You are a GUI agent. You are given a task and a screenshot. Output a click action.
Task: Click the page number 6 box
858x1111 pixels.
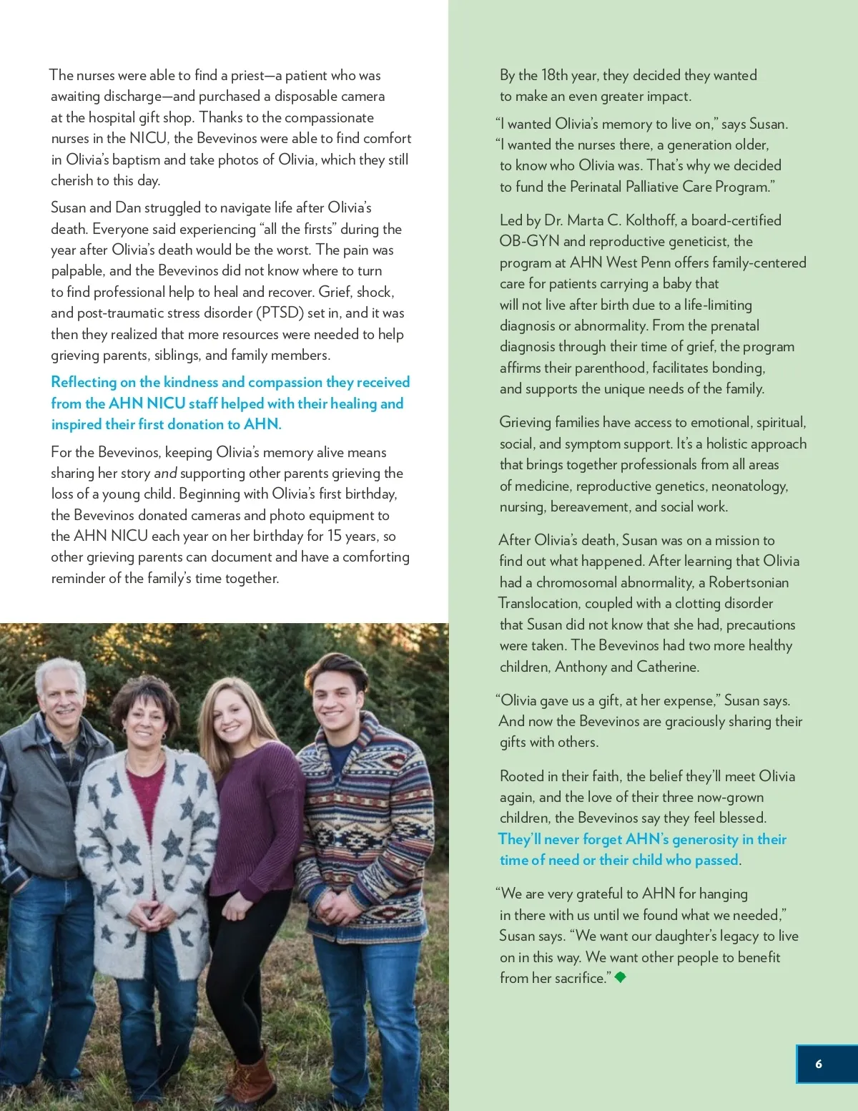coord(826,1064)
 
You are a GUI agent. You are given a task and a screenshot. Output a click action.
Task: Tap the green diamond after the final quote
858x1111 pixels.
coord(621,977)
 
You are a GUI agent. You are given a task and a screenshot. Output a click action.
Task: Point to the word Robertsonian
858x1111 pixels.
coord(749,582)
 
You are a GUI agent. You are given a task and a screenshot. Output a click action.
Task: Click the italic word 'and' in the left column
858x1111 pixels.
coord(165,473)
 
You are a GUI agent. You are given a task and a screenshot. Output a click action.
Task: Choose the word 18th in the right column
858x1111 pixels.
coord(555,75)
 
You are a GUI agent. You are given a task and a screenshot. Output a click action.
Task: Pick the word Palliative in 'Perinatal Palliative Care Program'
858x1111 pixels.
coord(657,187)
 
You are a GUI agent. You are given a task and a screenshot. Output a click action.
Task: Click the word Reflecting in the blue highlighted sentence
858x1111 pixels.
coord(84,382)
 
